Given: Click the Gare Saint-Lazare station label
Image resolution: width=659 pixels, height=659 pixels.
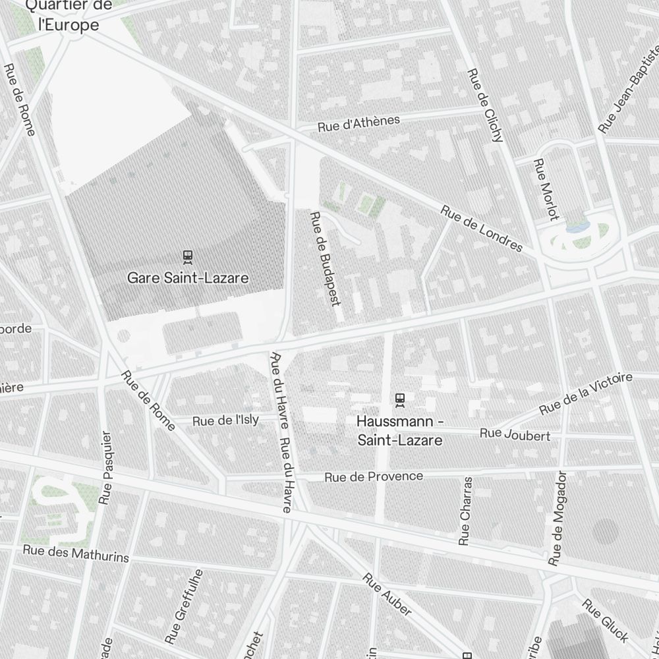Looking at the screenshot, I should pos(188,278).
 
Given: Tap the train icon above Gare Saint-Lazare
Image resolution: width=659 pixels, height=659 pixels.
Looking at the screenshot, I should pos(188,256).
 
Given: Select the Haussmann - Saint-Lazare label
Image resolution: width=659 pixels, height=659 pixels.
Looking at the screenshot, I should pos(399,430).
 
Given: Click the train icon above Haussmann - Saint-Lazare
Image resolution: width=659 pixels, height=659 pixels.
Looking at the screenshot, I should pos(399,399).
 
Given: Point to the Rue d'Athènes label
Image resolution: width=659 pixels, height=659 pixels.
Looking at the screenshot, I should pos(358,123).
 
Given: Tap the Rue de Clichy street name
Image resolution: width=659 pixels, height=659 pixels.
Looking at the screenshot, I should pos(485,105).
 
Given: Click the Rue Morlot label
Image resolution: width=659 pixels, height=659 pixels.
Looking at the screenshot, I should pos(546,189).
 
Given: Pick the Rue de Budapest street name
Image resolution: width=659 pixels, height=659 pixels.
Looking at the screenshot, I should pos(325,258).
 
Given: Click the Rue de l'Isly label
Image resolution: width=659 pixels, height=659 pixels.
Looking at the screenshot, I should pos(225,420).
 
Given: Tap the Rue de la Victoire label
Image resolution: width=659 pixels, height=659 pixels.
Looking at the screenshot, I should pos(586,394).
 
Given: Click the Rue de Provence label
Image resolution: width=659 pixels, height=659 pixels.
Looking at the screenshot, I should pos(374,476).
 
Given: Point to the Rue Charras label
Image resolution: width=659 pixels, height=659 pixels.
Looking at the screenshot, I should pos(466,511).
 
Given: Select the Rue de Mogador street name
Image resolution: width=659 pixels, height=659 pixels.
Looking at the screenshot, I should pos(558,518).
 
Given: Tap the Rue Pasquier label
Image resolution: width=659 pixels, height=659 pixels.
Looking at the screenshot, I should pos(105,468).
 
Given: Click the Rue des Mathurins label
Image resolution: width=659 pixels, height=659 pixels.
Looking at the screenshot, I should pos(76,554).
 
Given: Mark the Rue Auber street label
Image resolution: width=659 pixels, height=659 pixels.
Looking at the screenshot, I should pos(388,595).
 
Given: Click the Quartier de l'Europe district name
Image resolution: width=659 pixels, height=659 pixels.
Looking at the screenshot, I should pos(69,16).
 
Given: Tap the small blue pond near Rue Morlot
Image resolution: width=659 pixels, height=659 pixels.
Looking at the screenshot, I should pos(577,227).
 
